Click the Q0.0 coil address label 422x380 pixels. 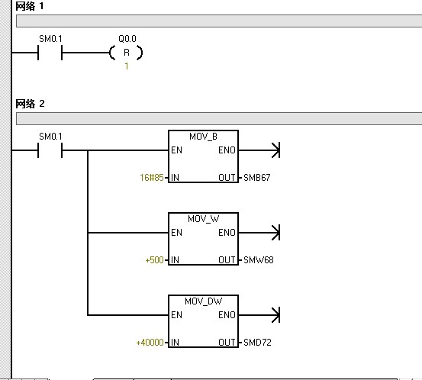127,39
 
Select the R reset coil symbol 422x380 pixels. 127,53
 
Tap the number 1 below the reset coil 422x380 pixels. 127,66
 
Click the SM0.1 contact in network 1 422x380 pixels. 50,53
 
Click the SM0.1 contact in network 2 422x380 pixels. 50,150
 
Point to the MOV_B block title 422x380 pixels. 203,137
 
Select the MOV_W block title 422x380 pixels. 203,219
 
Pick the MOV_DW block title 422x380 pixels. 203,301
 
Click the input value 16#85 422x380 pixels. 152,178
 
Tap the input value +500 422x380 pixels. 154,260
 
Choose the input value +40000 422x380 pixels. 150,343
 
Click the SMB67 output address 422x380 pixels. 256,178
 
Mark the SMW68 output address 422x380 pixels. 259,260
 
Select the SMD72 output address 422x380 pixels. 257,343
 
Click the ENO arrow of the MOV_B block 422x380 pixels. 259,150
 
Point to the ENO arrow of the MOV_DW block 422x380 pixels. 259,315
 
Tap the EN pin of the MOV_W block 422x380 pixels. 176,233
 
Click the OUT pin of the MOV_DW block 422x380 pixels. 227,343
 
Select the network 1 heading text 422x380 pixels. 29,6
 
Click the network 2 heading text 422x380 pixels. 30,104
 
